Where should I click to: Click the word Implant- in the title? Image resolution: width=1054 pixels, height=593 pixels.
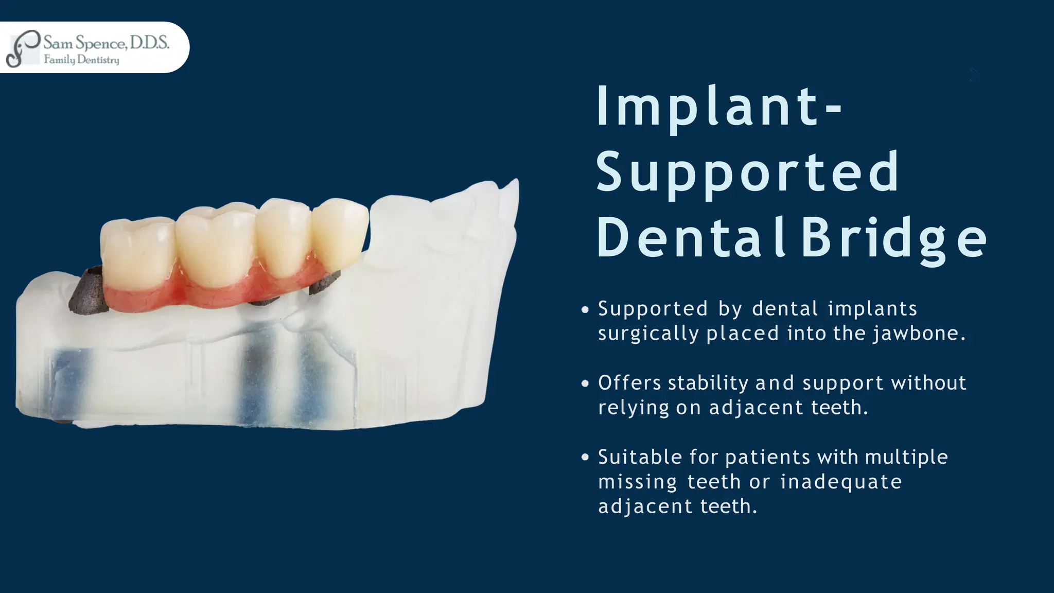click(718, 107)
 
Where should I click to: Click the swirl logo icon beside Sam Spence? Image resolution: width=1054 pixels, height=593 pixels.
click(22, 48)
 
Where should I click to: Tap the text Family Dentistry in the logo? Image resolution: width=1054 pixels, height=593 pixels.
click(81, 60)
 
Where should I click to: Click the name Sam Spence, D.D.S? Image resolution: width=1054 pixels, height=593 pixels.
click(106, 42)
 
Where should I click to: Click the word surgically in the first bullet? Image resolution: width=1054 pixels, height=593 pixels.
click(648, 334)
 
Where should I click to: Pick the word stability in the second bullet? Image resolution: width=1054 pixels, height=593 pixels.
click(708, 383)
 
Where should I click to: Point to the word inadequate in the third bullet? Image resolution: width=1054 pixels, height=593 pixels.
click(841, 482)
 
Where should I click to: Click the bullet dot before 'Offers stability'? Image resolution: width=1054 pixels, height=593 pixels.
click(585, 383)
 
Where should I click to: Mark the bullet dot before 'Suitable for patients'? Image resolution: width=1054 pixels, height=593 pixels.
click(585, 457)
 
